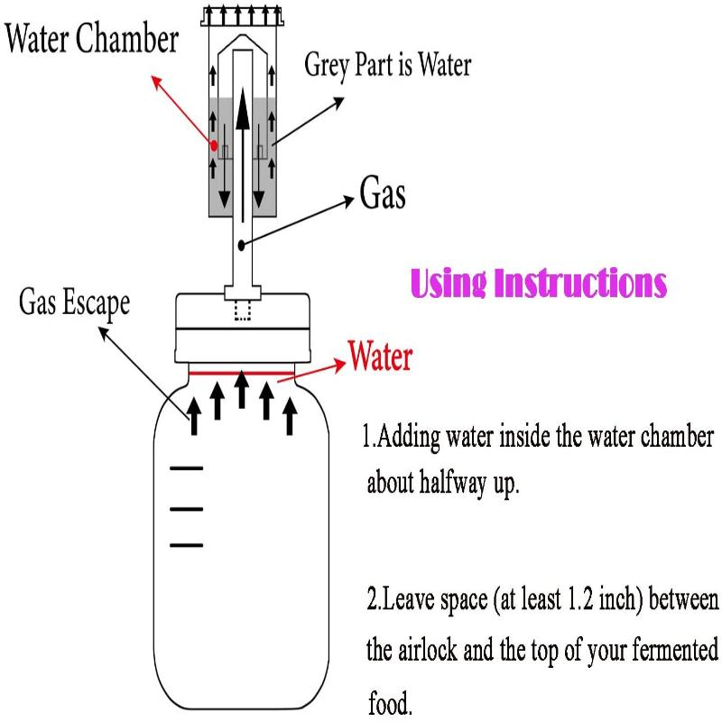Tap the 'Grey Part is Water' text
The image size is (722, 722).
(x=387, y=65)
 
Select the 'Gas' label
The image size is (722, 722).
(x=383, y=195)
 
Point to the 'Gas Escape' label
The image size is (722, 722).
(x=74, y=303)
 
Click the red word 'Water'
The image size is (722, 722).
(x=380, y=356)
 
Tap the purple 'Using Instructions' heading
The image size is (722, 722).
(x=539, y=282)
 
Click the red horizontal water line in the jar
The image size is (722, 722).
(x=242, y=370)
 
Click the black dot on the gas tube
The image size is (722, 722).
(x=242, y=244)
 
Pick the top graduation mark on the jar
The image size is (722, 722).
(x=187, y=468)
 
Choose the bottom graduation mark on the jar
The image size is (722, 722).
(x=187, y=545)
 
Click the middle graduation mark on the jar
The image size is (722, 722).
(x=187, y=509)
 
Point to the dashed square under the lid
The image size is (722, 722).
(x=242, y=311)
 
